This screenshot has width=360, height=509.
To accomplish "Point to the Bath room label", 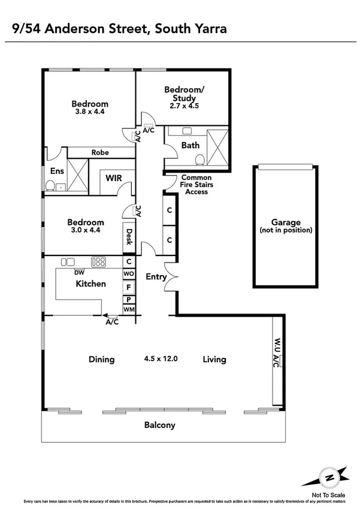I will pyautogui.click(x=190, y=145).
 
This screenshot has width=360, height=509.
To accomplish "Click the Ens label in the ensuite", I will pyautogui.click(x=57, y=171).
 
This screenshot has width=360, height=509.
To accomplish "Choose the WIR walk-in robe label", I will pyautogui.click(x=114, y=178).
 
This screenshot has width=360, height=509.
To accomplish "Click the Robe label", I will pyautogui.click(x=100, y=152).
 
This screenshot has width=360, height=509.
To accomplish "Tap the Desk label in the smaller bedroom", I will pyautogui.click(x=129, y=238).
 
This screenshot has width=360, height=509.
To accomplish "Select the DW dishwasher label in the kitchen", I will pyautogui.click(x=79, y=272).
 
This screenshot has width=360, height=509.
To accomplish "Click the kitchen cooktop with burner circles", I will pyautogui.click(x=98, y=262).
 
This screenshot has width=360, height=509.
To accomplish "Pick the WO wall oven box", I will pyautogui.click(x=129, y=273).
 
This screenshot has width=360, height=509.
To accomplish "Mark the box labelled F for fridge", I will pyautogui.click(x=129, y=286).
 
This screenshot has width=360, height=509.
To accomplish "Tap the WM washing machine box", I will pyautogui.click(x=129, y=309).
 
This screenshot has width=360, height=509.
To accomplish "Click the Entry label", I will pyautogui.click(x=156, y=276).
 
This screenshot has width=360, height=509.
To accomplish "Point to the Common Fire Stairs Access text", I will pyautogui.click(x=197, y=185).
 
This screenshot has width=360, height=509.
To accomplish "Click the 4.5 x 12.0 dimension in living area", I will pyautogui.click(x=161, y=359).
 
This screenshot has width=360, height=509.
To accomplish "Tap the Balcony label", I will pyautogui.click(x=160, y=425).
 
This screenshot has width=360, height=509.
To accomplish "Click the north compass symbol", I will pyautogui.click(x=328, y=477).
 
